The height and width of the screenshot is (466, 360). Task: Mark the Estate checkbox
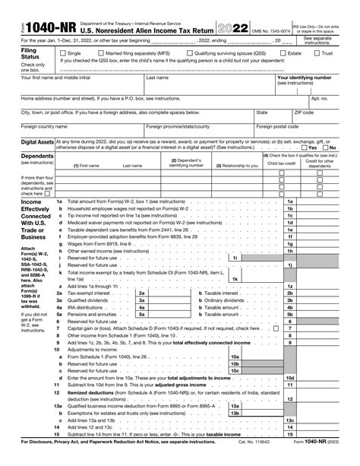pyautogui.click(x=286, y=54)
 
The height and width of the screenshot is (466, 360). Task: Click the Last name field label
pyautogui.click(x=157, y=78)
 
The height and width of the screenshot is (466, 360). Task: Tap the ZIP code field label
pyautogui.click(x=304, y=111)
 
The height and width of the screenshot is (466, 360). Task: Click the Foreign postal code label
pyautogui.click(x=277, y=126)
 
